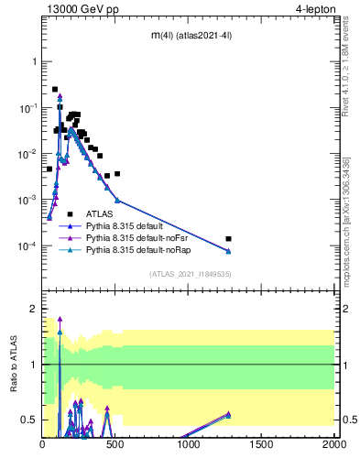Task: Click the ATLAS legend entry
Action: coord(102,213)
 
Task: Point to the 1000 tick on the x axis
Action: coord(189,444)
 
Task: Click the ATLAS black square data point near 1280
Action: coord(229,238)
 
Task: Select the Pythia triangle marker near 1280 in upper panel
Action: coord(229,251)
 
